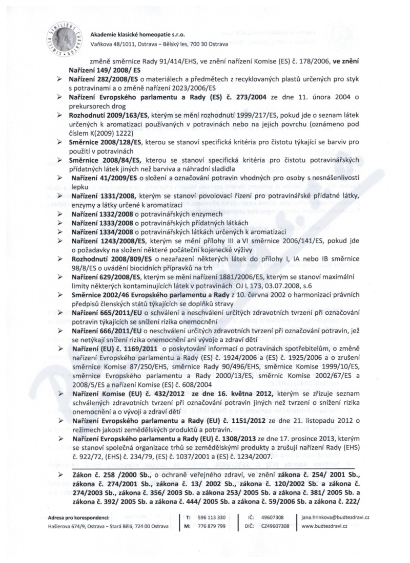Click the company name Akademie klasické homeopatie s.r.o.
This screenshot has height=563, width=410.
tap(137, 34)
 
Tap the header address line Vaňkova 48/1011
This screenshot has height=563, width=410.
tap(153, 45)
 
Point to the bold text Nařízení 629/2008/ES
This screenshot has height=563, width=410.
tap(106, 289)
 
